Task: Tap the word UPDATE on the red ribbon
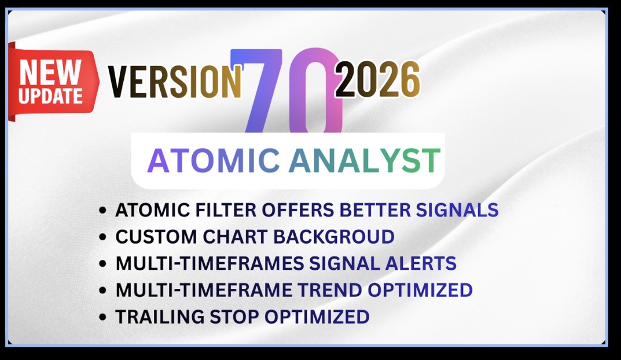point(50,96)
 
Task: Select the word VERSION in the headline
point(175,81)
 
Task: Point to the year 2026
point(377,80)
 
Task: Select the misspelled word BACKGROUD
point(334,237)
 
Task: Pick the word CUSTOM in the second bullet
point(156,237)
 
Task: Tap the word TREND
point(330,291)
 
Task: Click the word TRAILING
point(159,317)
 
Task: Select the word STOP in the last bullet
point(234,317)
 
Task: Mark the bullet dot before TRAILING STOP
point(103,317)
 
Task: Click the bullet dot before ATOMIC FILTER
point(103,210)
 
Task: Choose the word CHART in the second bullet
point(235,237)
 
